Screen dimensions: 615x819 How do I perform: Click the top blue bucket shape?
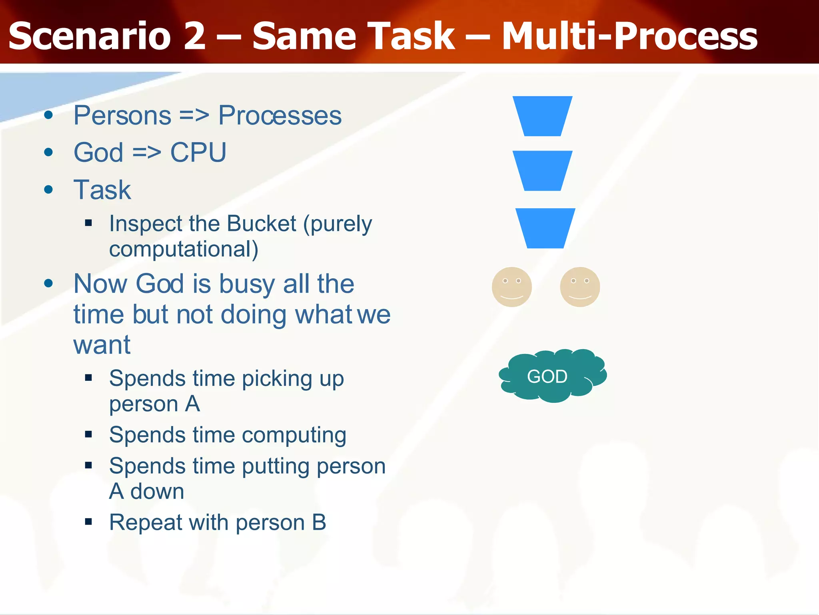(x=542, y=116)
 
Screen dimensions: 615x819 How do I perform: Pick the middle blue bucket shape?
(x=542, y=171)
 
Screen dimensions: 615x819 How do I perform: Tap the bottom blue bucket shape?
(x=545, y=228)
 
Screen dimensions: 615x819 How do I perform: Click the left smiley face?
(x=511, y=287)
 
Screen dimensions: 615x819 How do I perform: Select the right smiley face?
(x=580, y=287)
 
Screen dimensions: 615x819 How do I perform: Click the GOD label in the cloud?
(x=547, y=376)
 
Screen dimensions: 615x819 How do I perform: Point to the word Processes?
(x=280, y=116)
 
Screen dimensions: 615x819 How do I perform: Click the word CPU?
(x=198, y=153)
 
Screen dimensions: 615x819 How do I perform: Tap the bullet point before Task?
(x=49, y=189)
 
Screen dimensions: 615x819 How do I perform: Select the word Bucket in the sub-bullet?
(x=262, y=223)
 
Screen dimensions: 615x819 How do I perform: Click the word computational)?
(x=184, y=249)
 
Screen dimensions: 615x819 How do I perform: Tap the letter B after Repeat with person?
(x=319, y=523)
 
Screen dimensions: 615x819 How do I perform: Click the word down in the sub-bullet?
(x=157, y=491)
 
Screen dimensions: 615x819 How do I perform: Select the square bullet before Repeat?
(x=89, y=522)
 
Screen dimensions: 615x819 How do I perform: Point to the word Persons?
(x=122, y=116)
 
